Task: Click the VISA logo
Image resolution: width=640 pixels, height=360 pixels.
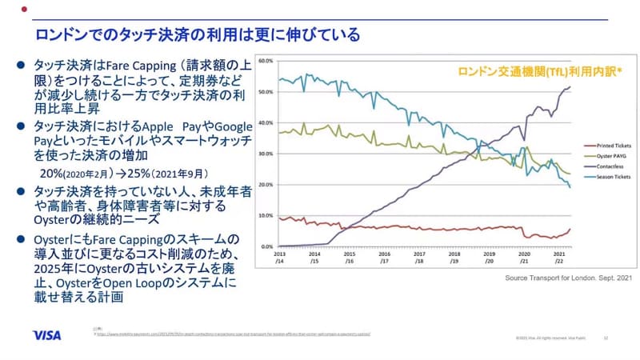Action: pyautogui.click(x=47, y=335)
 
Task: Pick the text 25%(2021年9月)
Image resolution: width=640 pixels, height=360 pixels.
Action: pyautogui.click(x=170, y=172)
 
